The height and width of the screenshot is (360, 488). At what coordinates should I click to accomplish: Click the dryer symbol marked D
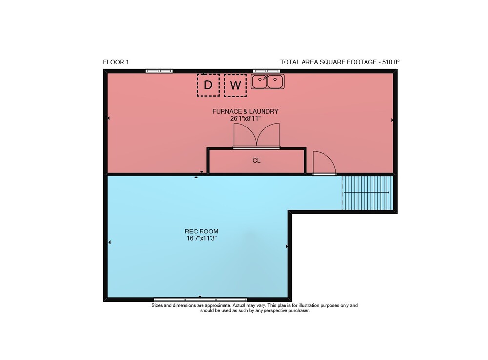[x=208, y=85]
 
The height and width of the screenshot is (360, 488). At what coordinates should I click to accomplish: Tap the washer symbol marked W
[x=235, y=85]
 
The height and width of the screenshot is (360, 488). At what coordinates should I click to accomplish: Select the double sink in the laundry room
[x=267, y=82]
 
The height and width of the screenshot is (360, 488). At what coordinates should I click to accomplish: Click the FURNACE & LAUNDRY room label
[x=245, y=111]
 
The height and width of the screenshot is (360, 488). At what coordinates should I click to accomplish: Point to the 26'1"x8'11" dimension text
[x=245, y=119]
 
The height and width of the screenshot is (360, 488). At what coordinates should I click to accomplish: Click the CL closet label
[x=256, y=160]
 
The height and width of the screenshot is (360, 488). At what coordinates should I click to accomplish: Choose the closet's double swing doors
[x=257, y=136]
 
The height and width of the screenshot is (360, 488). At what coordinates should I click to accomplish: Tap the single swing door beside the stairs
[x=325, y=163]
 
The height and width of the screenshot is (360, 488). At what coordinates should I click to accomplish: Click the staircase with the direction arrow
[x=367, y=193]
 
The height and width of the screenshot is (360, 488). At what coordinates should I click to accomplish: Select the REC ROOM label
[x=202, y=232]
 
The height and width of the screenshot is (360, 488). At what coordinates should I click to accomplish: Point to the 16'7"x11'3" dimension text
[x=202, y=238]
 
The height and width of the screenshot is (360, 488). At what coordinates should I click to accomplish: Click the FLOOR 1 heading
[x=116, y=62]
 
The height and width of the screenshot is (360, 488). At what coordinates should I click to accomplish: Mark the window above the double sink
[x=266, y=71]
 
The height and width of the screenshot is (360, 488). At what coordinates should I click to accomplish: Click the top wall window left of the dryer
[x=159, y=71]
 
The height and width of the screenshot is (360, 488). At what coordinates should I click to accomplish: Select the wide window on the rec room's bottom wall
[x=201, y=300]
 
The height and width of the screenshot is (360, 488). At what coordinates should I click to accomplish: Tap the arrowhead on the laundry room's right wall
[x=392, y=120]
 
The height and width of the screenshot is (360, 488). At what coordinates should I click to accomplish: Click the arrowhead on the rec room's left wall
[x=109, y=242]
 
